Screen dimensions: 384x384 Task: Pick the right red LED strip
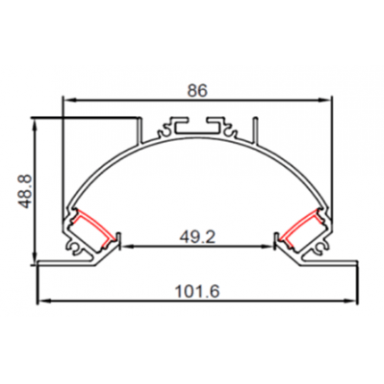302,224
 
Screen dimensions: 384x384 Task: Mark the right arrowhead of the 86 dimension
327,100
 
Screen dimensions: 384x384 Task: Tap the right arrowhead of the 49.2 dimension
271,245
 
